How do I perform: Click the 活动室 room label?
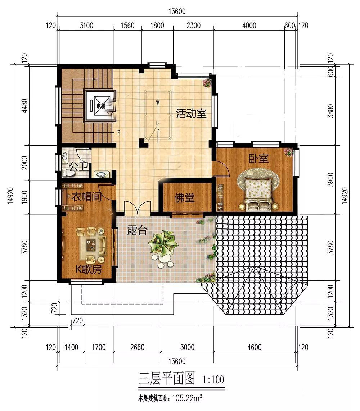tap(191, 114)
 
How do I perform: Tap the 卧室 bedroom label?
tap(258, 159)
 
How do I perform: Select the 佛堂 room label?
tap(185, 197)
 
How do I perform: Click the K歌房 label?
tap(88, 270)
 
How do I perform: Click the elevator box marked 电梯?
tap(100, 106)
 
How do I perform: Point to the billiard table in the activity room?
tap(158, 115)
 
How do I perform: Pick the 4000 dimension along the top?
tap(249, 25)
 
